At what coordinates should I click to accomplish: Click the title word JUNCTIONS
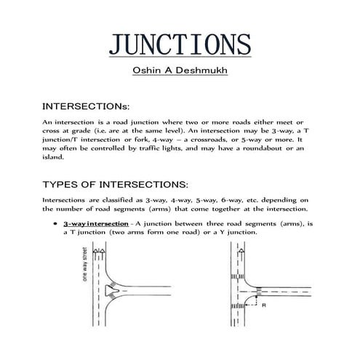179,44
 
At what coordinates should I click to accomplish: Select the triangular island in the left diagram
111,291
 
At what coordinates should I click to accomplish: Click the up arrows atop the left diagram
101,255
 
